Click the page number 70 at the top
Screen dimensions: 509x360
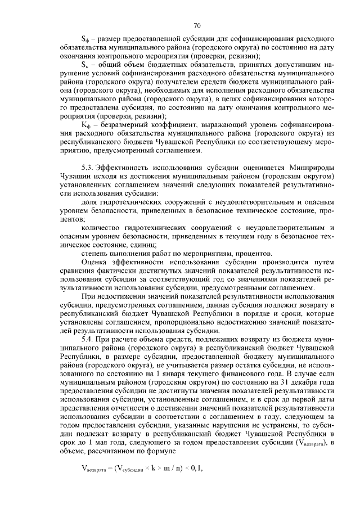click(197, 25)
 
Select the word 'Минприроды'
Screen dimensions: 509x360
click(313, 169)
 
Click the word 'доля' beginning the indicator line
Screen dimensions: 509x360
click(90, 201)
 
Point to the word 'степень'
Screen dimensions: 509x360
click(95, 254)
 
